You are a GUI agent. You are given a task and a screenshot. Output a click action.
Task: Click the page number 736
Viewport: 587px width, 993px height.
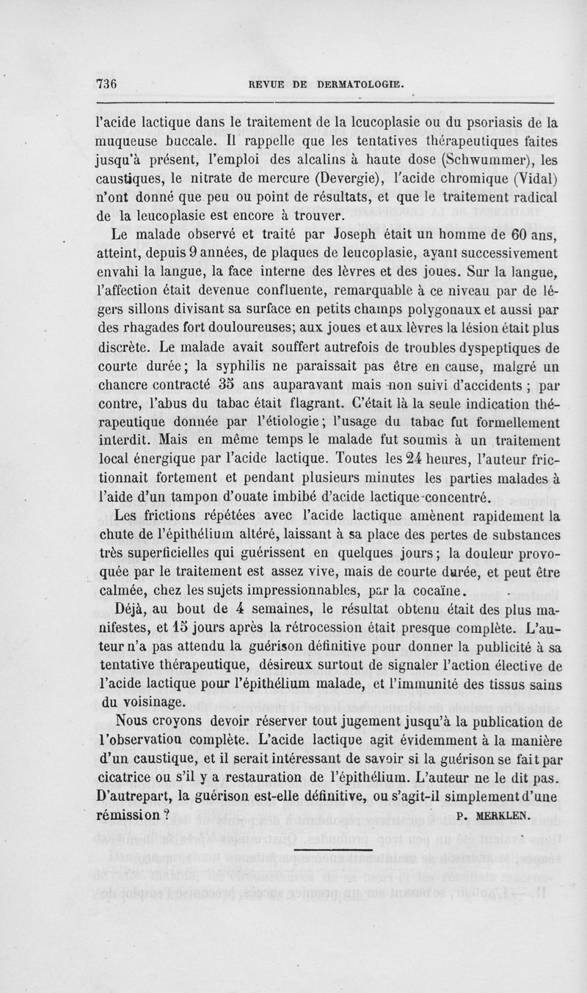107,83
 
